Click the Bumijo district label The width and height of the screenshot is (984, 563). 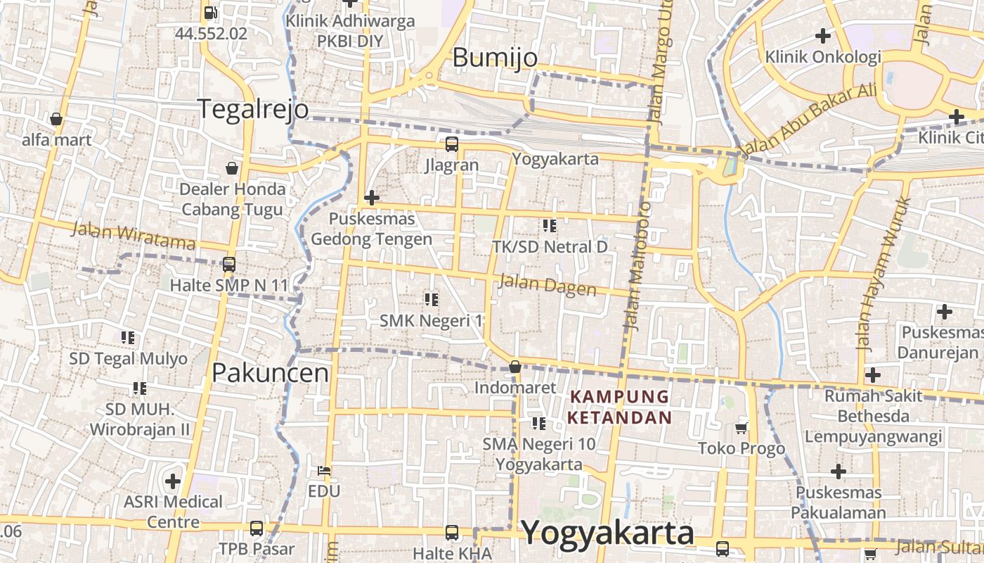pos(495,58)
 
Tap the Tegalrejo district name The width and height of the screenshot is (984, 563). pos(253,109)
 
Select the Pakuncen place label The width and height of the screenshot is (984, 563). pos(271,373)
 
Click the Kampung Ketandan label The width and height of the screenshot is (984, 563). pos(620,407)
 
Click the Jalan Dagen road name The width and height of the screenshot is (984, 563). pos(547,286)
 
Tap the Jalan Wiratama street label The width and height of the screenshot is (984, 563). pos(134,236)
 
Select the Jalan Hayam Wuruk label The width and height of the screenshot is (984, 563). pos(883,274)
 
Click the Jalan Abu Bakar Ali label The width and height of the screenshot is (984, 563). pos(808,120)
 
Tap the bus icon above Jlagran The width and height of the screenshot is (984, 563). pos(451,144)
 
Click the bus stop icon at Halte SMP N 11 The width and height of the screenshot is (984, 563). pos(228,265)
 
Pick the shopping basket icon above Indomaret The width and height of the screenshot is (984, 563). pos(515,367)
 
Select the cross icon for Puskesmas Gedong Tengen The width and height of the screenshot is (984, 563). pos(372,198)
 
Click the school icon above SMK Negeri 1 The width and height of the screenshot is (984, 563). pos(432,300)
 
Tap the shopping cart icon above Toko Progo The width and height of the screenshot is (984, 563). pos(742,427)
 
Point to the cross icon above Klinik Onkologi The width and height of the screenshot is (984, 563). pos(822,35)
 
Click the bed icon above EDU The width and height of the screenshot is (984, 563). pos(324,470)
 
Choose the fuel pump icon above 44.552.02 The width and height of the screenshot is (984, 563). pos(210,12)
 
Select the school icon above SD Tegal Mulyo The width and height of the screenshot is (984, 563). pos(128,338)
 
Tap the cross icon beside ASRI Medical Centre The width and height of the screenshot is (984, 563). pos(173,481)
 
